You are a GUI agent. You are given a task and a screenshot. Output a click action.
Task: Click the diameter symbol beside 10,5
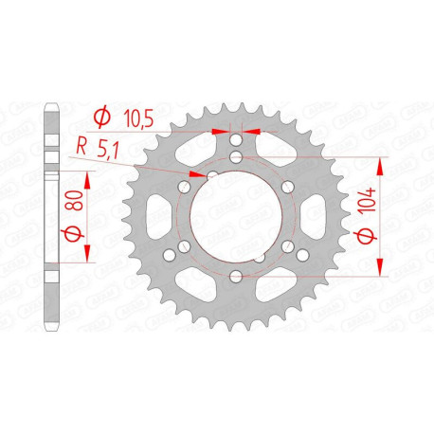tap(99, 117)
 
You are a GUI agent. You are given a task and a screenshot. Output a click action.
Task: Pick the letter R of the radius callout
tap(83, 147)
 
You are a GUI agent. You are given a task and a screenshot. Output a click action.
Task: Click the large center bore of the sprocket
tap(234, 209)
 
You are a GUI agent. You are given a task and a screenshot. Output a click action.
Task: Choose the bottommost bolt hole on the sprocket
tap(234, 276)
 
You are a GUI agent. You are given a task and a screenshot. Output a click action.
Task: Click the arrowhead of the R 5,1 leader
tap(198, 174)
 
